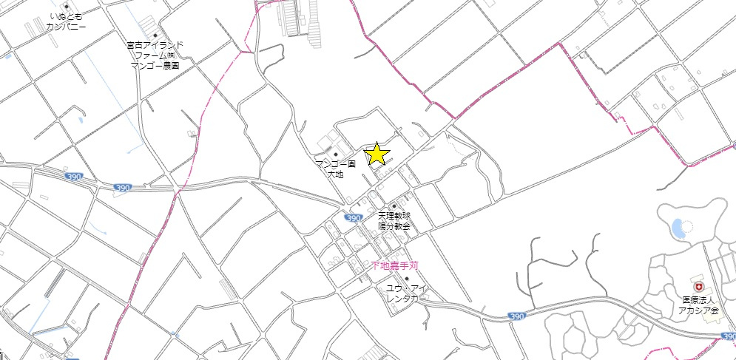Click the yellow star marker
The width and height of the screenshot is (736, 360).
[377, 154]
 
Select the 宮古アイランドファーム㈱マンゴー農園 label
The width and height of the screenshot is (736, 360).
[155, 55]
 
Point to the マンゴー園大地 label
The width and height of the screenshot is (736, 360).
[336, 169]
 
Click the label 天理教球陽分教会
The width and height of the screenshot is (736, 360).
[394, 221]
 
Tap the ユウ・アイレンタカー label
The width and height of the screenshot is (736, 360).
[405, 293]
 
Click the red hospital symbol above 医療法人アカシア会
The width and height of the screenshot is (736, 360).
[696, 286]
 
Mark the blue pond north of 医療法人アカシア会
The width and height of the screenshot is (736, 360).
[678, 228]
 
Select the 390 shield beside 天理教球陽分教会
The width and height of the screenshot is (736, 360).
[354, 218]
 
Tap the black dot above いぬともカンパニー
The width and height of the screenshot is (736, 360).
[67, 7]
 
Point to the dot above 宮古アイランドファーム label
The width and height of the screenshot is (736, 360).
[155, 35]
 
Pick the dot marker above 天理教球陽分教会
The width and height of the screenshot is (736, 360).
[394, 206]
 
